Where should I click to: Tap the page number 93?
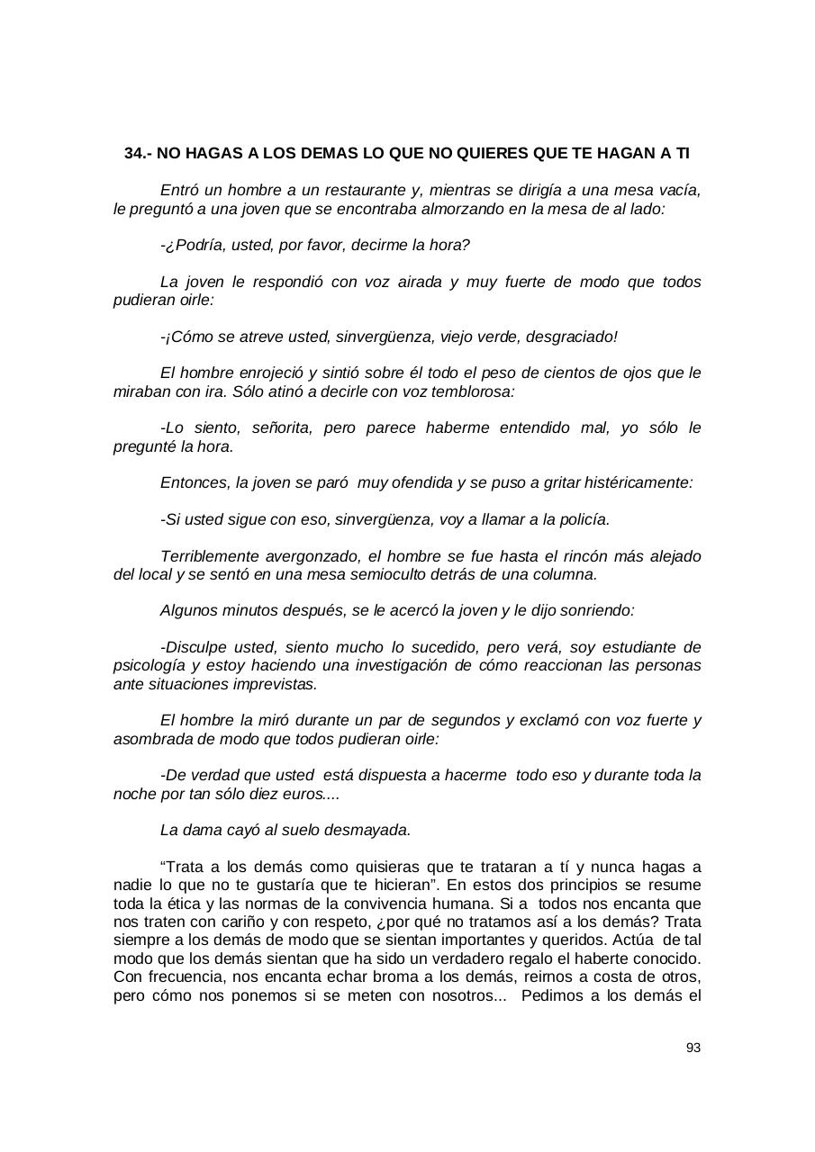(693, 1048)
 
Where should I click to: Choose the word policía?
(580, 519)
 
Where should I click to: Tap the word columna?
(566, 574)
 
